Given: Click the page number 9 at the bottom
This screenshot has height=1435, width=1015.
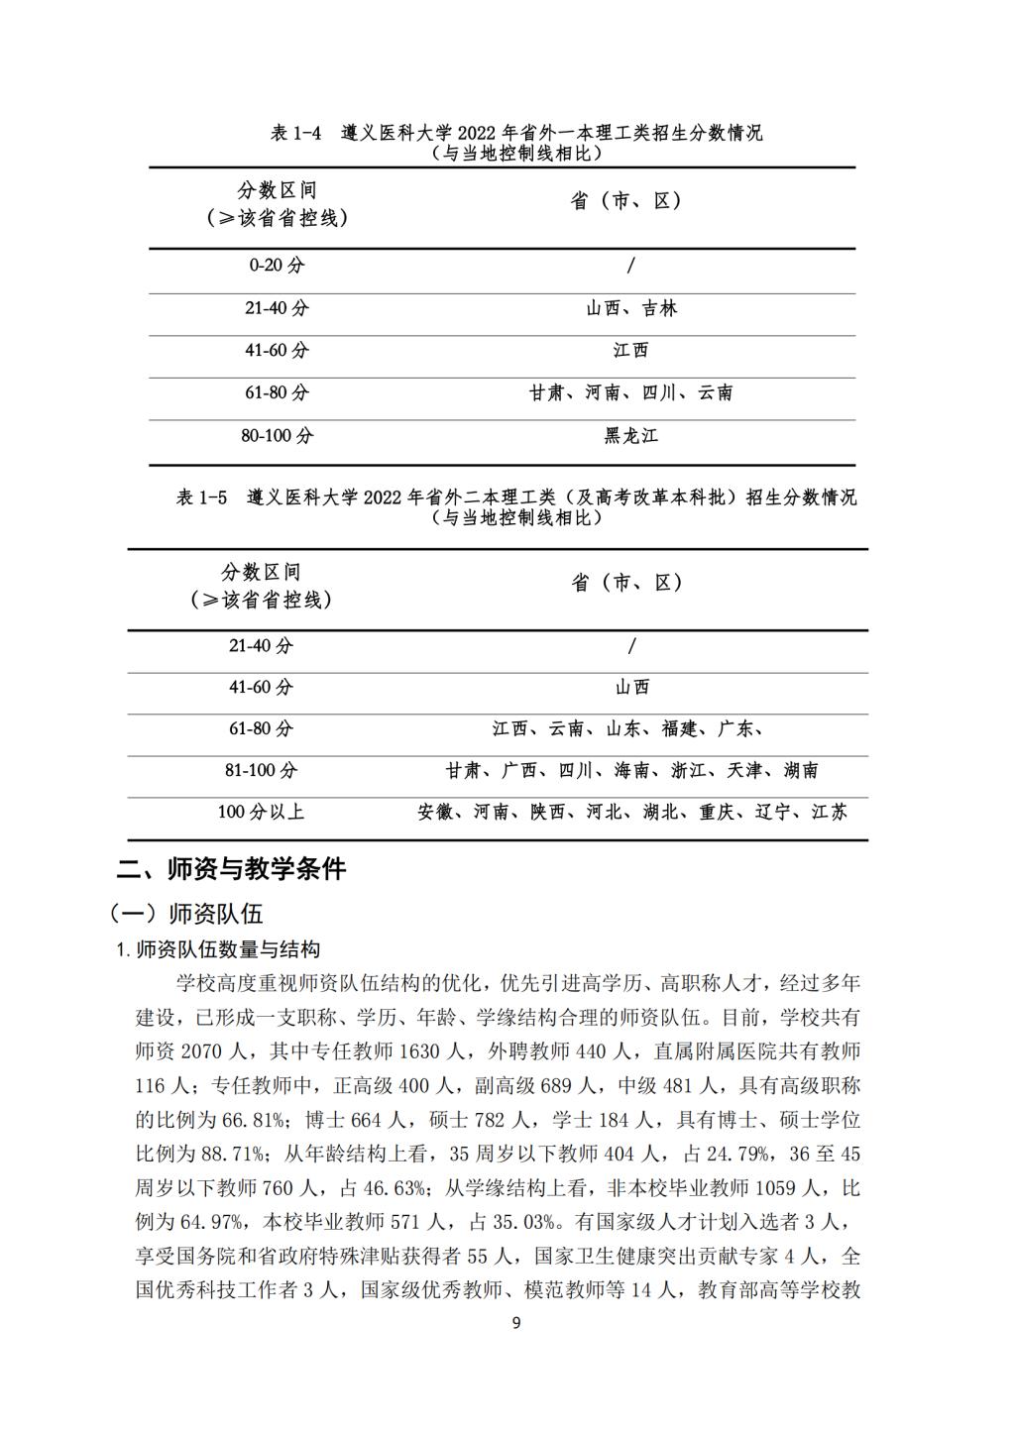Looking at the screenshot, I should [515, 1323].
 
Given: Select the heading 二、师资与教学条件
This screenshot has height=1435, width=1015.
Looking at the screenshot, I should [231, 869].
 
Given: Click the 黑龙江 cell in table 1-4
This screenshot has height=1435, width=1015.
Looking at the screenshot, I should [630, 435].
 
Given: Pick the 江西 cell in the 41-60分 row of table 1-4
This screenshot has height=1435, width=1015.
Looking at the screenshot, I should [630, 350].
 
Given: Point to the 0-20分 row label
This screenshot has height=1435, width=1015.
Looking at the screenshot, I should [277, 265].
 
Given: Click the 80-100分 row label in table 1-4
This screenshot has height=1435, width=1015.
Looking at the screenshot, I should [277, 435].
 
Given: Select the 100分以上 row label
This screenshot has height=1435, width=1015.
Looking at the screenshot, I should [261, 812].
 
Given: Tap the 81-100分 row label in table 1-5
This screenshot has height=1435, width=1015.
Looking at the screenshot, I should [261, 770].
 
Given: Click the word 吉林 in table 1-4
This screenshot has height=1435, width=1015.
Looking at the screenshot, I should [659, 308].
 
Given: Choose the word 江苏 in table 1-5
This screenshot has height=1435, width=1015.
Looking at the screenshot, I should [830, 812].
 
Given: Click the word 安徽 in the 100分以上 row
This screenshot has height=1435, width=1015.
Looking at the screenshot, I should [435, 812].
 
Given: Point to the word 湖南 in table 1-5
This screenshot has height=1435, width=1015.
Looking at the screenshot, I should [801, 770].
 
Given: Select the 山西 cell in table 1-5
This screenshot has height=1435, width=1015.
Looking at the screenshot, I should [631, 687].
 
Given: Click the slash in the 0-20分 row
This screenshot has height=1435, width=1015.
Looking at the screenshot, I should [631, 265].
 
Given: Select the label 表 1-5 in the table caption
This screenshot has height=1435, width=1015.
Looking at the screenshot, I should [201, 497].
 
